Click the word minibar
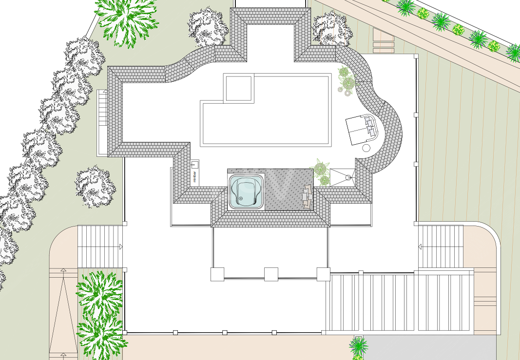(194, 177)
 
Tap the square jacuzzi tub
(247, 192)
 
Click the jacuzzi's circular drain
(240, 199)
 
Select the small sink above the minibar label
(194, 164)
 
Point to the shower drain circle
(348, 178)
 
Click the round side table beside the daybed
(366, 148)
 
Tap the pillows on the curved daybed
(370, 127)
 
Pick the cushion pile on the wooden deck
(307, 197)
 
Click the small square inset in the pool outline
(238, 88)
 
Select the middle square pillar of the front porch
(271, 274)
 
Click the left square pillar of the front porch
(217, 274)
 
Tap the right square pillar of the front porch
(323, 274)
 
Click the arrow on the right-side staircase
(420, 246)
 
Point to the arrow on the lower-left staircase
(121, 246)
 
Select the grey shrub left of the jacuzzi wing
(95, 186)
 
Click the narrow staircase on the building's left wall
(102, 123)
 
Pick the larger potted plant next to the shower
(320, 169)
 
